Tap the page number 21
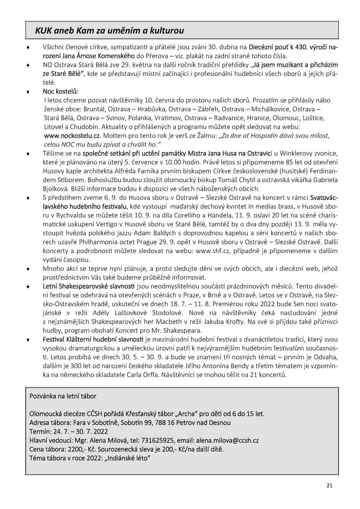pos(329,485)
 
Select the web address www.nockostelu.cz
pos(72,135)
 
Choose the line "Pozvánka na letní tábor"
pos(63,396)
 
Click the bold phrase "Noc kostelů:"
pos(60,91)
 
